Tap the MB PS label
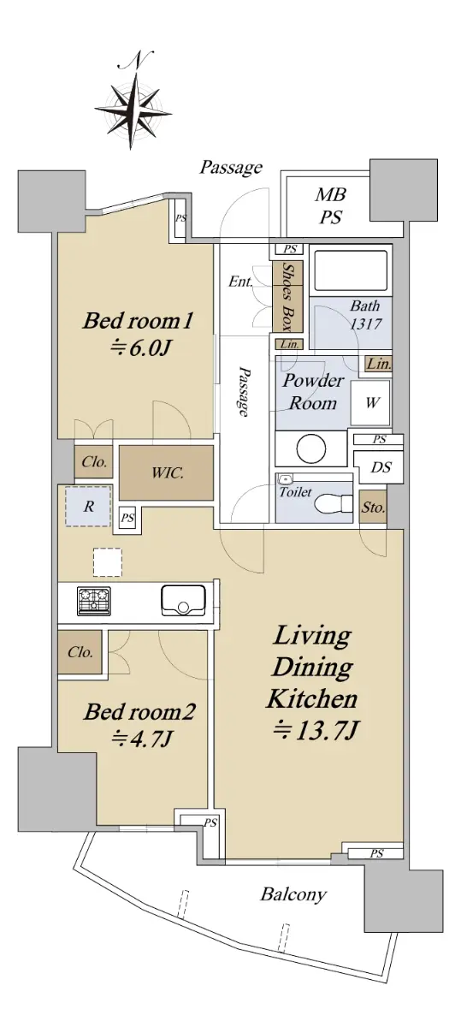(x=330, y=206)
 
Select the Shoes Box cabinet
(x=287, y=296)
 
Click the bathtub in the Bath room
(x=351, y=269)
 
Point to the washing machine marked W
(x=370, y=402)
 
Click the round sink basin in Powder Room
(x=311, y=448)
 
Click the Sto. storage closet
(x=373, y=508)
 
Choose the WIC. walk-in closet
(x=166, y=472)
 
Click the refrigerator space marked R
(x=88, y=506)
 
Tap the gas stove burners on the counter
(x=94, y=600)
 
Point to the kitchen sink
(x=183, y=601)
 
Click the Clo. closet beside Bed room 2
(x=80, y=652)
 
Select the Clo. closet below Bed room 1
(x=94, y=461)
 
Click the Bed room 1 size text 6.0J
(x=139, y=349)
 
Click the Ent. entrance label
(x=240, y=281)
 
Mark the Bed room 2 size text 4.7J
(x=142, y=739)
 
